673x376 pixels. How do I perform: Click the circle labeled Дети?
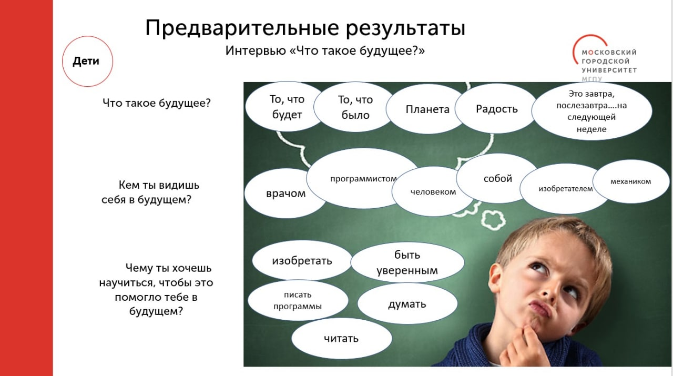coord(87,62)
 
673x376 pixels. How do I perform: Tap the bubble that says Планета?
coord(427,109)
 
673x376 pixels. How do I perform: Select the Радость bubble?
coord(496,108)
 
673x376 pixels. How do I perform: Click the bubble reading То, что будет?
coord(287,106)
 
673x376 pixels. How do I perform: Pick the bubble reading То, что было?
coord(355,107)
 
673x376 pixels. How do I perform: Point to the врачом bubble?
coord(285,194)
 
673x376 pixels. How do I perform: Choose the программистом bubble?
coord(363,178)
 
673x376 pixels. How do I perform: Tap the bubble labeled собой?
coord(497,178)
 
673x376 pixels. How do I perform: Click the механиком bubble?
coord(630,181)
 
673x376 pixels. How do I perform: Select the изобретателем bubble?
coord(565,189)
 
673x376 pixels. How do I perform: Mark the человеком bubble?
coord(433,192)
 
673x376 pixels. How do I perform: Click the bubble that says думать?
coord(407,303)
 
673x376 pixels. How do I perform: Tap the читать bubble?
coord(341,339)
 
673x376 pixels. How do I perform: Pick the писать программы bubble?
coord(298,300)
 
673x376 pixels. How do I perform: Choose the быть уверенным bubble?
coord(407,262)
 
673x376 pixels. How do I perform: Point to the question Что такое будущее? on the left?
coord(157,103)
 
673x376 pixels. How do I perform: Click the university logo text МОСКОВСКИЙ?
coord(609,52)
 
